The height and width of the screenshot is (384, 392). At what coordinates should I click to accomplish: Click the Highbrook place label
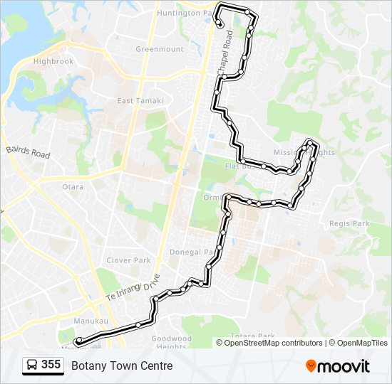point(53,62)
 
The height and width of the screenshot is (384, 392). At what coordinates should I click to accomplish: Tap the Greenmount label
point(159,50)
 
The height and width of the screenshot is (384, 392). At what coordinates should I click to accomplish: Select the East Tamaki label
point(140,101)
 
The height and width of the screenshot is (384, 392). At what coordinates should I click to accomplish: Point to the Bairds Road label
point(28,151)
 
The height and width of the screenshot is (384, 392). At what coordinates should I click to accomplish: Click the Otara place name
point(72,187)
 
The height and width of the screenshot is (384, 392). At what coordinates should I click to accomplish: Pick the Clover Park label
point(128,260)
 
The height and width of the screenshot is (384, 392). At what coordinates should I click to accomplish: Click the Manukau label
point(91,321)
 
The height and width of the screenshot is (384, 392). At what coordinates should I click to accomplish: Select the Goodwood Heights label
point(171,343)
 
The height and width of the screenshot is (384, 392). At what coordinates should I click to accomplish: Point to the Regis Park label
point(349,223)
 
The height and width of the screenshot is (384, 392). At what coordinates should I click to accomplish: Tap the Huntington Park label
point(185,13)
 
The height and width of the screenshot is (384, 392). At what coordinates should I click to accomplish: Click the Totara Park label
point(252,336)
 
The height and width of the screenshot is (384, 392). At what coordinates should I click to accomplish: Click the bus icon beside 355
point(31,366)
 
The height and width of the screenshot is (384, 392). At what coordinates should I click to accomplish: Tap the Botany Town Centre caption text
point(122,366)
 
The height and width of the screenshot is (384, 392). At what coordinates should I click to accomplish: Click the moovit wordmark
point(344,366)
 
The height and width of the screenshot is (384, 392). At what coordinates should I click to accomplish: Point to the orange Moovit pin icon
point(311,366)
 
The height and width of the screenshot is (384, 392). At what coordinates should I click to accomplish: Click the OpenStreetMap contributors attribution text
point(274,343)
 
